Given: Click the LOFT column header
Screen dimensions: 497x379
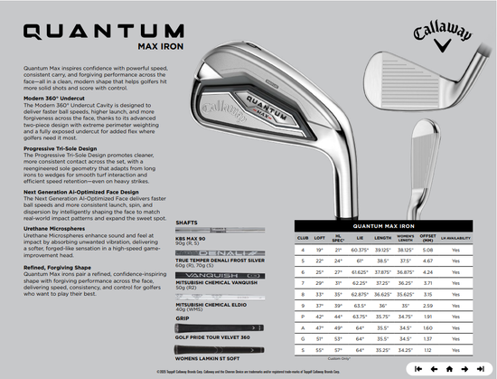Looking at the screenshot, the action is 320,240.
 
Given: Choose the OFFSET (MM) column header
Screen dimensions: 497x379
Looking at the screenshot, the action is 430,240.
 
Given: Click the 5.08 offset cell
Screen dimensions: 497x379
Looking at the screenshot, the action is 429,249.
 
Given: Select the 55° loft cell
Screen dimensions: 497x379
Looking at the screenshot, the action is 320,348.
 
